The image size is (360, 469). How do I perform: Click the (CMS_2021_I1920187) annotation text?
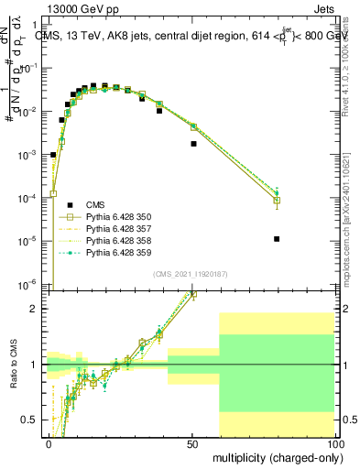point(191,273)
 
